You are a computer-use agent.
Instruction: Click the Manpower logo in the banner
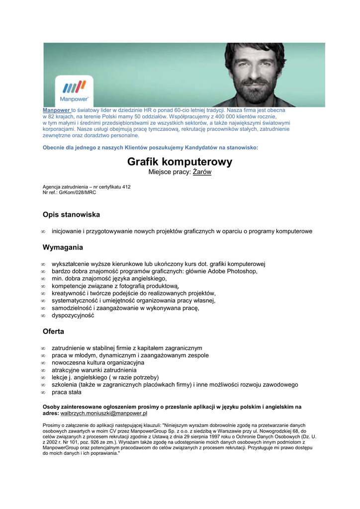click(73, 90)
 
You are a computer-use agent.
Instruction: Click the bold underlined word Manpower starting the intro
click(56, 110)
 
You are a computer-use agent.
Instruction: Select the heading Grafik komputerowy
click(180, 162)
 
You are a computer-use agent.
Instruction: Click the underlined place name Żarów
click(202, 172)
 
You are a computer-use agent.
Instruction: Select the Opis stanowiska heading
click(71, 215)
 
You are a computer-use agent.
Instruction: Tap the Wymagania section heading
click(63, 247)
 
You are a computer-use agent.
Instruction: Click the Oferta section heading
click(53, 331)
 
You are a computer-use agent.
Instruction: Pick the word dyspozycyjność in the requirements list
click(73, 316)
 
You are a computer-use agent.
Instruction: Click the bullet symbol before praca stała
click(43, 393)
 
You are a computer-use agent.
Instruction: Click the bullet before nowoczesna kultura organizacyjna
click(43, 363)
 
